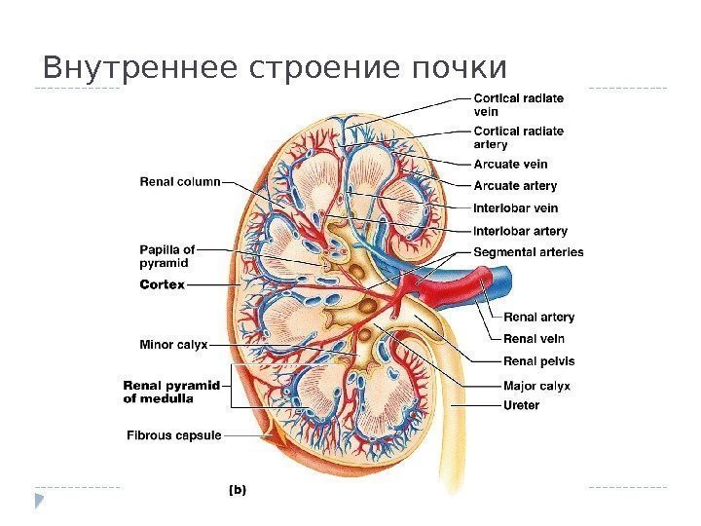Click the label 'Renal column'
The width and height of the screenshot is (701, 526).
(x=180, y=180)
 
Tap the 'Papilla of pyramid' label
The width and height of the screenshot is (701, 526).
(x=167, y=255)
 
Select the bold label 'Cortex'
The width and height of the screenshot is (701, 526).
(x=162, y=284)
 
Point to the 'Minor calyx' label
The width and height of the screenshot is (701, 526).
(x=173, y=343)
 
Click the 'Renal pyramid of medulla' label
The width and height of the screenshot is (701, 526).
(x=171, y=391)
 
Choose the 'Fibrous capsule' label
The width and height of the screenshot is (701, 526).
(x=174, y=434)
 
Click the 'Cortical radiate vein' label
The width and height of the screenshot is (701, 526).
(x=518, y=104)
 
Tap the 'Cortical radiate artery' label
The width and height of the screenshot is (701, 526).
(x=518, y=137)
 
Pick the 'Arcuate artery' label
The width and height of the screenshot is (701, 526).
(x=515, y=185)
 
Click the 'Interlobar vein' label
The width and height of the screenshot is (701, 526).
(x=515, y=207)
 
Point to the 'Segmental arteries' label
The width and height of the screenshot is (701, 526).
(x=528, y=252)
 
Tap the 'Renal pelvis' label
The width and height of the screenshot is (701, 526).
(x=538, y=361)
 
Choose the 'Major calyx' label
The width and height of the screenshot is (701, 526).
(x=536, y=385)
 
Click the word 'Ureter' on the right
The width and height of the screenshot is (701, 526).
(x=521, y=405)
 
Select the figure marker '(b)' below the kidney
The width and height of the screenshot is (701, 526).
(x=237, y=491)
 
